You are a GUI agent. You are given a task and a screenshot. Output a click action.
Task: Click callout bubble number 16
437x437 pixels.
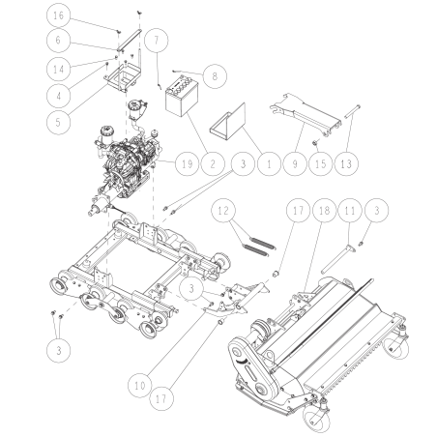point(58,16)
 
